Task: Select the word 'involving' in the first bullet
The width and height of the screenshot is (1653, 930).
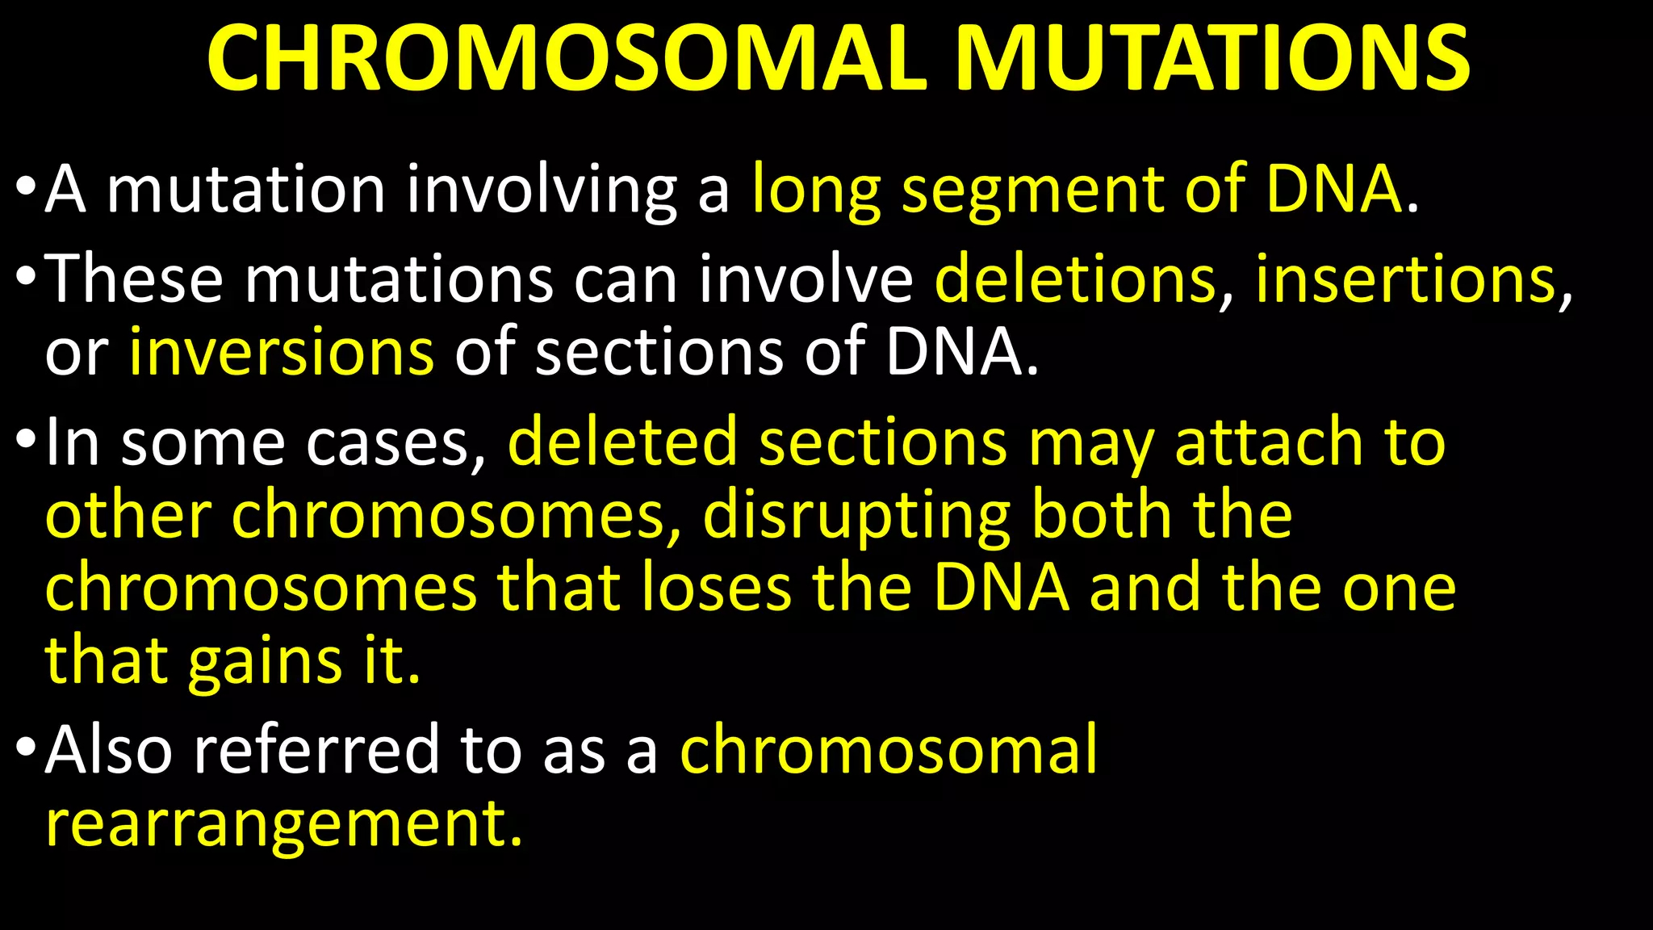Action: pos(541,191)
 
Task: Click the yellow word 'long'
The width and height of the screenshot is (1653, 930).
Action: pos(816,191)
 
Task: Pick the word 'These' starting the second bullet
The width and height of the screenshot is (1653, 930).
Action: pos(133,279)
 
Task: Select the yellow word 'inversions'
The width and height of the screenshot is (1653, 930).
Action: pos(282,352)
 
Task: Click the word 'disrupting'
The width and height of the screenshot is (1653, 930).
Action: pos(856,515)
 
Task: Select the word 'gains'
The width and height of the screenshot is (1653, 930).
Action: pos(266,660)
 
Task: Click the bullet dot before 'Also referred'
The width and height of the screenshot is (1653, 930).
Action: pos(25,747)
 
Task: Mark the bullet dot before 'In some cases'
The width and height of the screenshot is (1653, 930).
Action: pos(25,439)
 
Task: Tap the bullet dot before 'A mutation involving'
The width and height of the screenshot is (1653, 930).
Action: pos(25,187)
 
